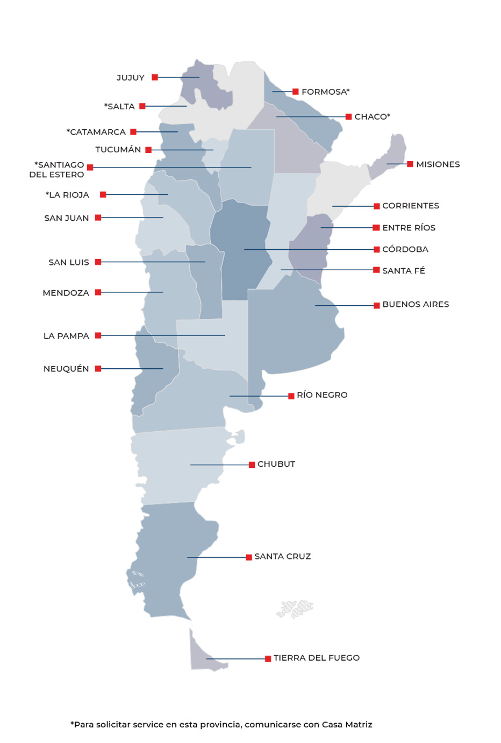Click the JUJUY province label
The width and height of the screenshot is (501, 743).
click(131, 78)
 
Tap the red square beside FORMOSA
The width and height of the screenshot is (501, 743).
click(295, 92)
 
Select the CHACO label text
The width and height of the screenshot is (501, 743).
click(372, 117)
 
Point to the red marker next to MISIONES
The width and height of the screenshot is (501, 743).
click(410, 164)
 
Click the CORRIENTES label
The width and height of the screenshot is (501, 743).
click(410, 206)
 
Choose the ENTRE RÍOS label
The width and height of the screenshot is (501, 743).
click(409, 228)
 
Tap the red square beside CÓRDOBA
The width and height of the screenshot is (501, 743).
click(377, 249)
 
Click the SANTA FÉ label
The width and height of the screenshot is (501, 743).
click(403, 271)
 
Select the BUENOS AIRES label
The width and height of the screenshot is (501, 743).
click(416, 304)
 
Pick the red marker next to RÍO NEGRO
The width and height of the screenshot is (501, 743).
click(291, 396)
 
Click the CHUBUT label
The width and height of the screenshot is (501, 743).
click(276, 464)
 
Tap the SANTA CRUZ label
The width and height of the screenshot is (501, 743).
click(282, 557)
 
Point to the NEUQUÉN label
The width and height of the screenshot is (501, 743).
click(66, 369)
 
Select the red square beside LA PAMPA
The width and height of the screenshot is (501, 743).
click(98, 335)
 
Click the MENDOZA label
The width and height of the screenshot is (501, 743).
click(66, 293)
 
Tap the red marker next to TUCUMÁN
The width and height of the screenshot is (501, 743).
click(148, 150)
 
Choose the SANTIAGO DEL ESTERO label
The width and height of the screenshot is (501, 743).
click(58, 170)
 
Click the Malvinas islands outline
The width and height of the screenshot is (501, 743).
click(295, 608)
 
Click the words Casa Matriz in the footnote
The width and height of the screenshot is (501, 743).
click(347, 725)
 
